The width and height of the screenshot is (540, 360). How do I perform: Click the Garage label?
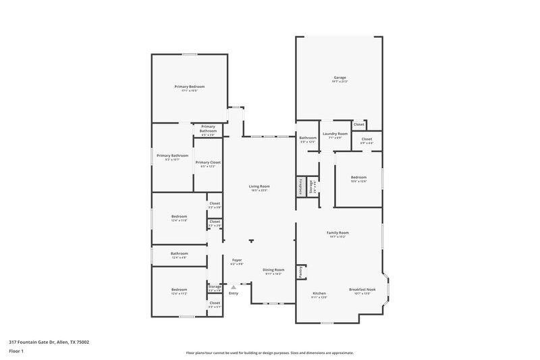(339, 78)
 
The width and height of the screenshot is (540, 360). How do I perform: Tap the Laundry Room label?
(334, 134)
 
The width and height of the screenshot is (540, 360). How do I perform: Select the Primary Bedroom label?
(189, 86)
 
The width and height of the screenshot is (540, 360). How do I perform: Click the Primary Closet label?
(208, 162)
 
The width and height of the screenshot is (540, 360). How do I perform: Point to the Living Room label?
(259, 186)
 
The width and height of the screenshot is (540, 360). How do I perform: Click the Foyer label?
(237, 260)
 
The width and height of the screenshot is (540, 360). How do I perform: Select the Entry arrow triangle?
(234, 287)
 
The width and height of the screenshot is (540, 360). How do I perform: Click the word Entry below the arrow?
(234, 293)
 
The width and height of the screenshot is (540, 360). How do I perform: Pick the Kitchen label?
(319, 293)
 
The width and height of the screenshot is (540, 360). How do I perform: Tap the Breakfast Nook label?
(362, 289)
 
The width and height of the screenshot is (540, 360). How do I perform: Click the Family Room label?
(337, 232)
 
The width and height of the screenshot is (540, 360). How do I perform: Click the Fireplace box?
(300, 186)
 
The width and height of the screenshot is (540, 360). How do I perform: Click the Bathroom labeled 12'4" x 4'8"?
(179, 255)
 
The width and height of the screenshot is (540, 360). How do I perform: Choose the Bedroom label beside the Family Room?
(358, 177)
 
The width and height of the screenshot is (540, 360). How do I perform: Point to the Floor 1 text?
(16, 352)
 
